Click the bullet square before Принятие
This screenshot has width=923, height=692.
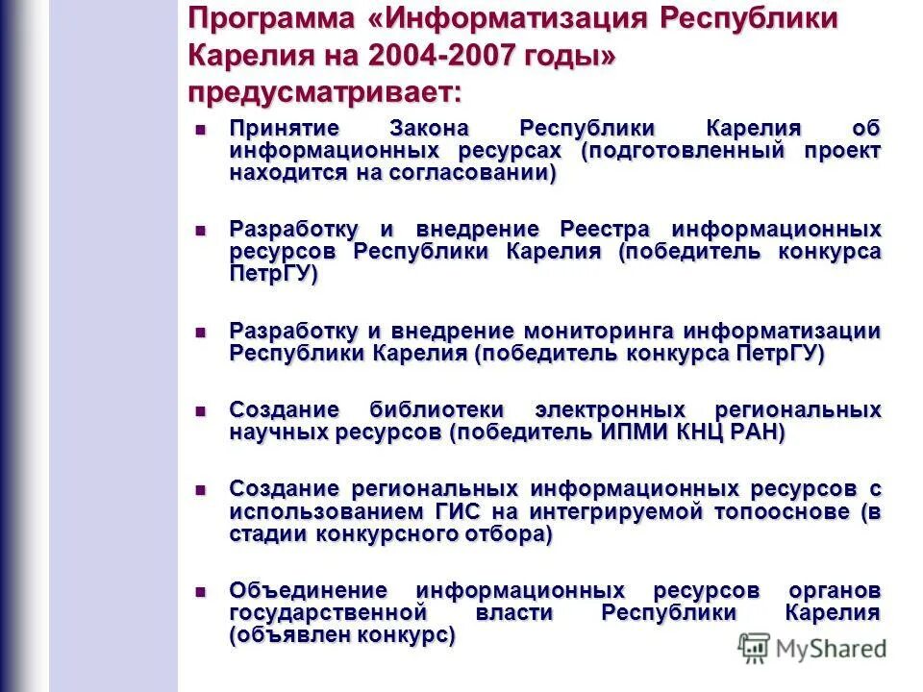click(201, 129)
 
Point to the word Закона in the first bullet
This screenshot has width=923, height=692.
click(430, 129)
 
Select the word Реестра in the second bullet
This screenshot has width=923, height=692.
click(605, 230)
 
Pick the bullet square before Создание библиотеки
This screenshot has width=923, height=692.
click(201, 410)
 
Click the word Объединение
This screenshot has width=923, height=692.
click(308, 590)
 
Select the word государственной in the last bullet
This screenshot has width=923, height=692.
click(327, 612)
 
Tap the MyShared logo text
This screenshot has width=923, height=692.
click(831, 650)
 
